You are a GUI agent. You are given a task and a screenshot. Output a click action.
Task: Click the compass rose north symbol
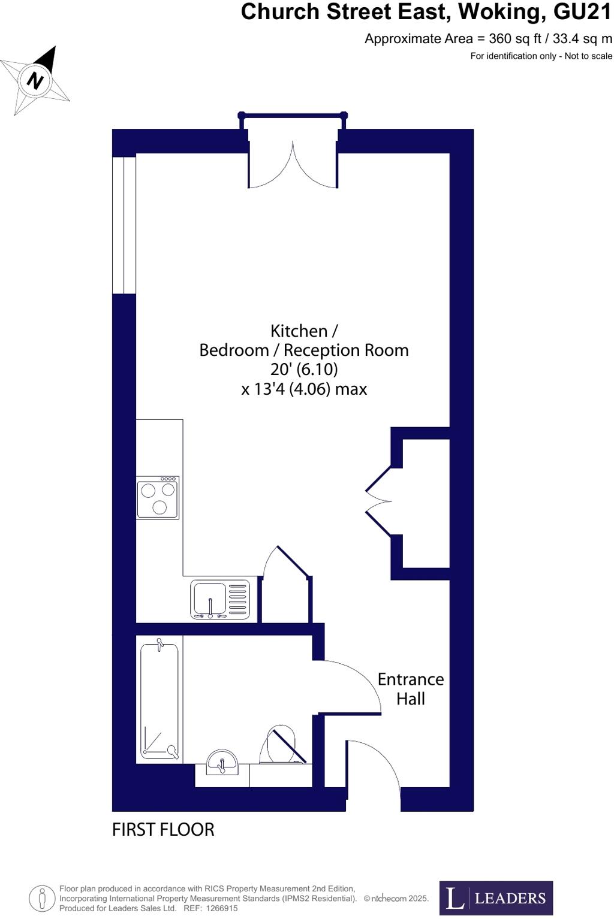[36, 80]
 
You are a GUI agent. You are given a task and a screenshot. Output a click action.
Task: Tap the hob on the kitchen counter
[158, 497]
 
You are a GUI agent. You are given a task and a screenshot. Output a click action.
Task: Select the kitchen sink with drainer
[220, 599]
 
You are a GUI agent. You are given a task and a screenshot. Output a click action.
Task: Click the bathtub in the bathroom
[159, 700]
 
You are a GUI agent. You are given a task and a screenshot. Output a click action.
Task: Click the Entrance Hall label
[411, 689]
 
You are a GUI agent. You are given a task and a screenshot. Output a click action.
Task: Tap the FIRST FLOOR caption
[163, 830]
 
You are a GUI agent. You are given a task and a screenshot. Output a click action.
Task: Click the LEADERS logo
[496, 898]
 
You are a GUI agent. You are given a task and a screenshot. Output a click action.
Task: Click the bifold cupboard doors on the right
[379, 500]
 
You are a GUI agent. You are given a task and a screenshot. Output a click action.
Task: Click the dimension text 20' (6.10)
[304, 369]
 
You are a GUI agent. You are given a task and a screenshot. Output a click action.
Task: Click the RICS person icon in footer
[42, 898]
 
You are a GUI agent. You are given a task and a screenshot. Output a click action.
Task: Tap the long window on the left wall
[124, 225]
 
